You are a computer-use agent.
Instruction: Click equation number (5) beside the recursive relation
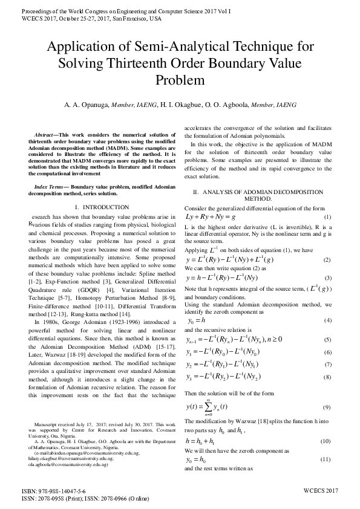327,340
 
